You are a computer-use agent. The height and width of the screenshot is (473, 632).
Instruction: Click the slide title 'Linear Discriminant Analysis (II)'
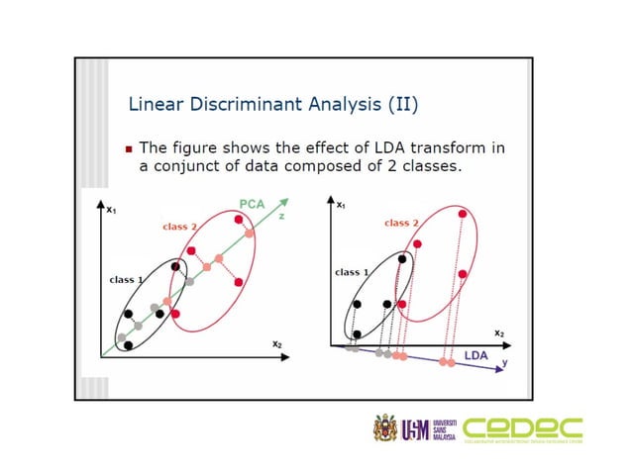[x=251, y=104]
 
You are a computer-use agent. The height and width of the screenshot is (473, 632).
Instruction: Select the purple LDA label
[x=475, y=353]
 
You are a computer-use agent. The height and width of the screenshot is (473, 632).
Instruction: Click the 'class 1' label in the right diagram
[x=353, y=271]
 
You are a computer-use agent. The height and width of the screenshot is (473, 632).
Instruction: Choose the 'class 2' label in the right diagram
[x=401, y=224]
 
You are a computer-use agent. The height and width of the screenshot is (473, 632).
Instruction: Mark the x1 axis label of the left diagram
[x=111, y=210]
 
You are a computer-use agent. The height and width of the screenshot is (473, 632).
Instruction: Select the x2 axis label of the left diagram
[x=277, y=342]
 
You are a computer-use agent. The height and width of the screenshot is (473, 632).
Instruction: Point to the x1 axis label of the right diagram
[x=341, y=205]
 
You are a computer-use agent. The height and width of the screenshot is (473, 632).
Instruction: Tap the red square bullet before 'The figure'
[x=129, y=149]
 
